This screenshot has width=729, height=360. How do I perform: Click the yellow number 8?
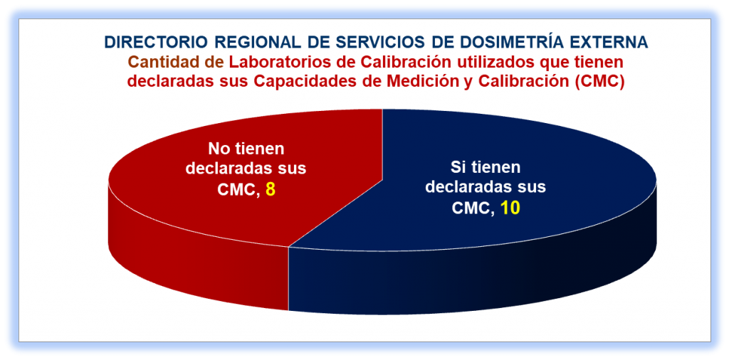pos(271,189)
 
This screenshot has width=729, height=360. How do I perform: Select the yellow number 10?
pos(510,208)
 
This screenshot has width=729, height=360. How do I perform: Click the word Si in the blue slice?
pos(457,168)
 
